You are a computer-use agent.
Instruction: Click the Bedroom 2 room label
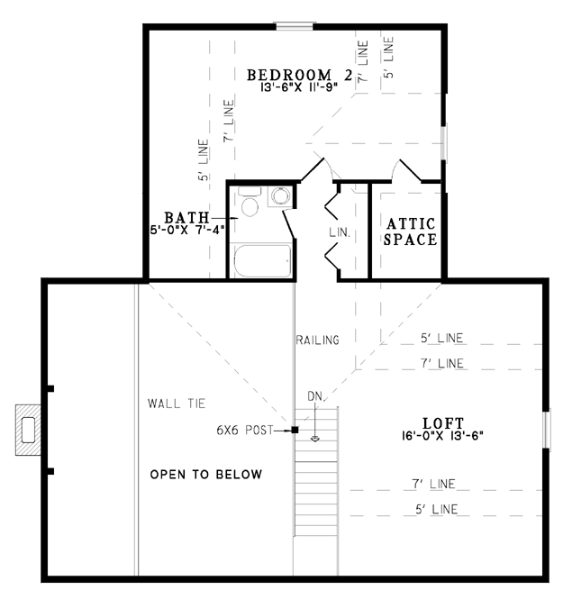coord(300,75)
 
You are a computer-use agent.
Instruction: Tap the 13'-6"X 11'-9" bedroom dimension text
coord(299,87)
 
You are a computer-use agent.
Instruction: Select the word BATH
coord(186,218)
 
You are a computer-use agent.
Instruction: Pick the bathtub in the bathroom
coord(262,260)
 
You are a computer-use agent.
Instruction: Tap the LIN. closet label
coord(340,232)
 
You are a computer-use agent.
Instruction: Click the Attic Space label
coord(410,231)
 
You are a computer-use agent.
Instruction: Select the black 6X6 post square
coord(295,430)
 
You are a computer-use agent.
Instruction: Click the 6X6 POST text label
coord(245,430)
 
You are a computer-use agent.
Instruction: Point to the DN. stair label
coord(315,396)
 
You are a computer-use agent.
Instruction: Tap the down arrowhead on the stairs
coord(314,439)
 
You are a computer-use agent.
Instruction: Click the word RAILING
coord(318,340)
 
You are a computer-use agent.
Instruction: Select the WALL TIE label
coord(177,404)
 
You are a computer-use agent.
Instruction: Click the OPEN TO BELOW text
coord(206,474)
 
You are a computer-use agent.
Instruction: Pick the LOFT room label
coord(443,423)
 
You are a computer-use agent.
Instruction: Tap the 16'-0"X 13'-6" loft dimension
coord(442,436)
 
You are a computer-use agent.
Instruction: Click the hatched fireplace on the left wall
coord(28,430)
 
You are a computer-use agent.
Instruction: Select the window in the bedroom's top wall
coord(295,26)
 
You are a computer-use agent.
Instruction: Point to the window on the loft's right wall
coord(546,429)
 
